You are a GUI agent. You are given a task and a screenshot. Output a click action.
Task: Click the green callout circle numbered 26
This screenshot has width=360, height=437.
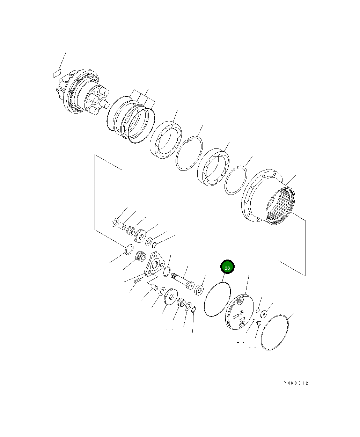click(227, 267)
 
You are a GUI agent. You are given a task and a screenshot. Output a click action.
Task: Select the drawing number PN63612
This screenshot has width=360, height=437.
click(296, 383)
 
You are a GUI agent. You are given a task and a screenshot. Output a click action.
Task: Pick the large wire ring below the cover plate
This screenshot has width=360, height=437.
click(275, 332)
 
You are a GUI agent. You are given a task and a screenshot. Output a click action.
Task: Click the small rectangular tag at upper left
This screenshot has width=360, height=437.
click(57, 74)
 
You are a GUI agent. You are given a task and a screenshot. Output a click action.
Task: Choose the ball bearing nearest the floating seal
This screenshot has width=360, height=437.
click(166, 140)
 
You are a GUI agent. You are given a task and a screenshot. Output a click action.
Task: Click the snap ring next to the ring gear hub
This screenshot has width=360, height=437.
click(236, 180)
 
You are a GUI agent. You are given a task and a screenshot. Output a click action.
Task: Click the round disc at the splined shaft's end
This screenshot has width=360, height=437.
click(200, 289)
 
